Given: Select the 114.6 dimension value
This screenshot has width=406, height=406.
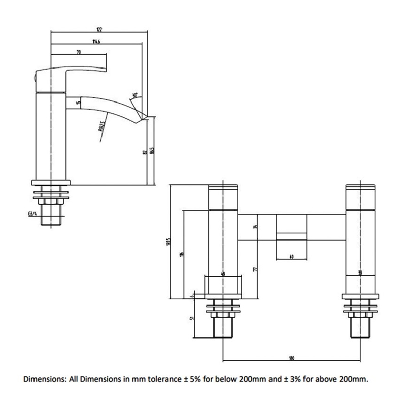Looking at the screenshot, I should pos(95,41).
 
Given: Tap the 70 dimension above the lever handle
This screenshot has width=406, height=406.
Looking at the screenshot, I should pos(79,52).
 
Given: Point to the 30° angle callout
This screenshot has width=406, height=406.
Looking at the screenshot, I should pos(136,94).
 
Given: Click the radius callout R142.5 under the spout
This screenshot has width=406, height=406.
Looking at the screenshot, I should pos(101,125).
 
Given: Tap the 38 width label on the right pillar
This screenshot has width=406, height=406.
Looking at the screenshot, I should pos(360,273).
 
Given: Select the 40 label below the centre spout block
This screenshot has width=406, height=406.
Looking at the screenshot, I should pos(291,257).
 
